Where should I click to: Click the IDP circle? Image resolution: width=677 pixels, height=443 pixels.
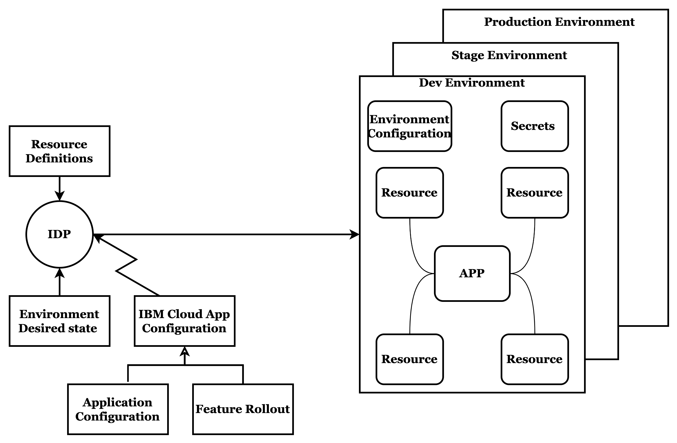[x=59, y=234]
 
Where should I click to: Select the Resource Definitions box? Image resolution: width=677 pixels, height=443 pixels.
[x=59, y=151]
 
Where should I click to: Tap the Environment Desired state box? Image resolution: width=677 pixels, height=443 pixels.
[x=59, y=321]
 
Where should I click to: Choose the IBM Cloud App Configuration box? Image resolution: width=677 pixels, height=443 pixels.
[x=184, y=321]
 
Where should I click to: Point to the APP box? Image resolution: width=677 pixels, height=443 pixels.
[x=472, y=273]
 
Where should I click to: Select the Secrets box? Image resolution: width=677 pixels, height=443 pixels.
[x=534, y=126]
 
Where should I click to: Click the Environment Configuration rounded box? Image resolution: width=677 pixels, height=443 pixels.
[x=410, y=126]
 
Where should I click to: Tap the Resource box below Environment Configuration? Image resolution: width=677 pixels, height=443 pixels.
[x=410, y=193]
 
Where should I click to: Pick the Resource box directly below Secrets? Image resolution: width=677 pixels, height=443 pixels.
[x=534, y=193]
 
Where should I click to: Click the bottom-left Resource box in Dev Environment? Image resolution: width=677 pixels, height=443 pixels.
[x=410, y=359]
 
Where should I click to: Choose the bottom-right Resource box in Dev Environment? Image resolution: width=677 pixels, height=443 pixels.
[x=534, y=359]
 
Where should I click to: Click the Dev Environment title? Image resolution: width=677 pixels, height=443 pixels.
[x=472, y=83]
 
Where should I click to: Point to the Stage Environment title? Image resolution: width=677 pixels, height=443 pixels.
[x=509, y=55]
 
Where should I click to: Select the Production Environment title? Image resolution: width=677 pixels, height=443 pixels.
[x=559, y=22]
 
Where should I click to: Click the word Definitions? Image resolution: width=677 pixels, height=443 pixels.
[x=59, y=158]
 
